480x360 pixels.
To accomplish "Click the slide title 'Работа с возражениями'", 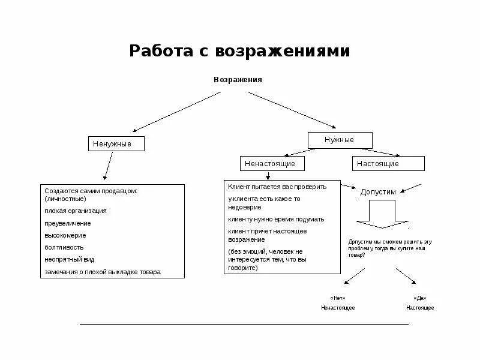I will pyautogui.click(x=239, y=51).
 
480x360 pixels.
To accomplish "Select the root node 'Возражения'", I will pyautogui.click(x=238, y=80).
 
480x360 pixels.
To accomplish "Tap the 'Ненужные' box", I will pyautogui.click(x=116, y=144).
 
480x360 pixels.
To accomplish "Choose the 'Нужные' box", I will pyautogui.click(x=340, y=140).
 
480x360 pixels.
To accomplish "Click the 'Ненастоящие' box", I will pyautogui.click(x=271, y=163).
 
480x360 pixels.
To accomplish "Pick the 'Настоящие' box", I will pyautogui.click(x=388, y=163).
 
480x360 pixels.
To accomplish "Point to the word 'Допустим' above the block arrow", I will pyautogui.click(x=378, y=191).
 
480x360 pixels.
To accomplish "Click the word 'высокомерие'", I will pyautogui.click(x=65, y=235).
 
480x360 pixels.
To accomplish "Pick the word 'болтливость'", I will pyautogui.click(x=64, y=247).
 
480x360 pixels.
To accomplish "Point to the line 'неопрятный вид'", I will pyautogui.click(x=70, y=260).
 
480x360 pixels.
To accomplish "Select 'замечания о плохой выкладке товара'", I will pyautogui.click(x=103, y=272).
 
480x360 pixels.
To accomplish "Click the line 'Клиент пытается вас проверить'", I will pyautogui.click(x=277, y=187).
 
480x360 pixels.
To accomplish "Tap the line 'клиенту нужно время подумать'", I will pyautogui.click(x=276, y=219).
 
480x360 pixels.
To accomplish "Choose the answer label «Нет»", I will pyautogui.click(x=338, y=298).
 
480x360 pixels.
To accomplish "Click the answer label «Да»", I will pyautogui.click(x=419, y=298).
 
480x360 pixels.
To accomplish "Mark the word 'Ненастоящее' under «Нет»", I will pyautogui.click(x=338, y=308).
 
